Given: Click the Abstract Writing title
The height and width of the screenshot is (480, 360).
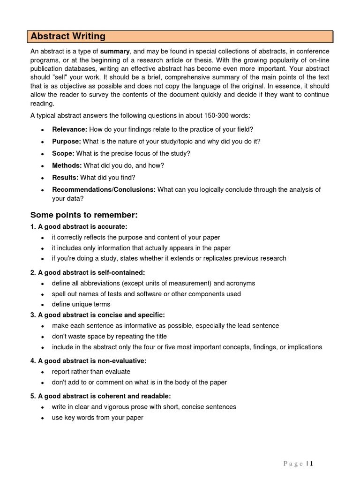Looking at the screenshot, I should pos(68,37).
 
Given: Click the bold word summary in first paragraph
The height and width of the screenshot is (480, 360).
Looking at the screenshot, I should pos(115,51).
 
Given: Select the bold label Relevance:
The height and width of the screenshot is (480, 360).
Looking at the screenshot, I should pos(69,129).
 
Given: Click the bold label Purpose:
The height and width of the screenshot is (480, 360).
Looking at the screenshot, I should pos(67,141).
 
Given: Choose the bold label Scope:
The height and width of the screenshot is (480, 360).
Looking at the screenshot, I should pos(63,153).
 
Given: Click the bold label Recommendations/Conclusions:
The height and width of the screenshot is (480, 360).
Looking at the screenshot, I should pos(104,190).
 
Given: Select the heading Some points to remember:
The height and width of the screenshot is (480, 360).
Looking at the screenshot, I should pos(84,215).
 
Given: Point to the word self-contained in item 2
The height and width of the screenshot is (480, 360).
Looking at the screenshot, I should pos(123,272).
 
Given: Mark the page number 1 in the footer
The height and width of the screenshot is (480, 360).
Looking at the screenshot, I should pos(311,464).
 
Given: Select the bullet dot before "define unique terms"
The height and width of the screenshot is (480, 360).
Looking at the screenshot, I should pos(43,305).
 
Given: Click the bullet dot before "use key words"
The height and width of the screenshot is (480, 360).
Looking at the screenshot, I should pos(43,418).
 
